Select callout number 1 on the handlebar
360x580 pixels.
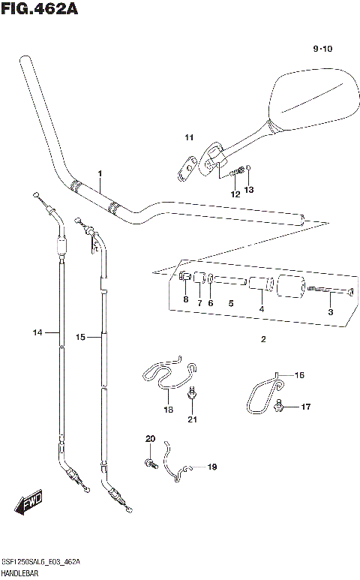(99, 174)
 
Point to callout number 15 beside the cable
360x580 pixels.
(81, 338)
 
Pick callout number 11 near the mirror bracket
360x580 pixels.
(189, 137)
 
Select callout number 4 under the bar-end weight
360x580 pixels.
(261, 309)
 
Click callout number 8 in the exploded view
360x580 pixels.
(185, 300)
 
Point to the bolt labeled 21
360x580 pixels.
(193, 392)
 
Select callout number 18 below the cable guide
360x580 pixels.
(168, 410)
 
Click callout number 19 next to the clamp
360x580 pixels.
(211, 467)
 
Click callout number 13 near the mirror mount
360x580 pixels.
(249, 189)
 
